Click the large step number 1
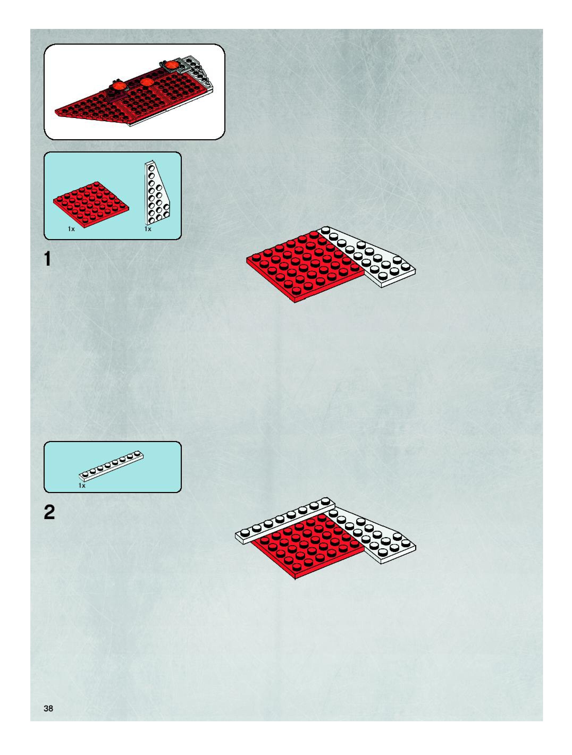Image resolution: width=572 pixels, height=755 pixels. pyautogui.click(x=48, y=259)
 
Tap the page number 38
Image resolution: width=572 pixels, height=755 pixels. pyautogui.click(x=48, y=708)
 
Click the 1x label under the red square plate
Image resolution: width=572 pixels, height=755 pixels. pyautogui.click(x=71, y=229)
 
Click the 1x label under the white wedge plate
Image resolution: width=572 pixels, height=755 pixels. pyautogui.click(x=148, y=229)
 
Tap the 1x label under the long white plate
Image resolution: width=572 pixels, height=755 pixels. pyautogui.click(x=82, y=485)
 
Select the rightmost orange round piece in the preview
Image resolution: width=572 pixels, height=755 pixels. pyautogui.click(x=170, y=65)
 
